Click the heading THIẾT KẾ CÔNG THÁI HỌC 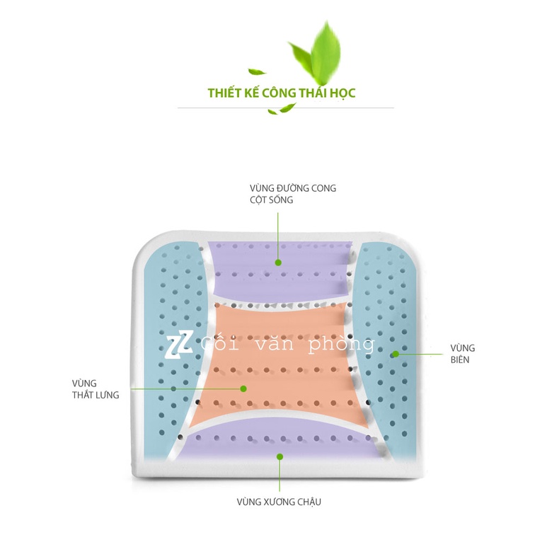[282, 93]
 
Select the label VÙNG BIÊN [462, 353]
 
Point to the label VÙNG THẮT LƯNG [96, 388]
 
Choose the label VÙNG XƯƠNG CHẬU [279, 502]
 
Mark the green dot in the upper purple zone [279, 262]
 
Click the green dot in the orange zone [243, 388]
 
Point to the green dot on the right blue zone [395, 352]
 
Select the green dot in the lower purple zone [279, 457]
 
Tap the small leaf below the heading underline [288, 108]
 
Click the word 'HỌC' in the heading [342, 93]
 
